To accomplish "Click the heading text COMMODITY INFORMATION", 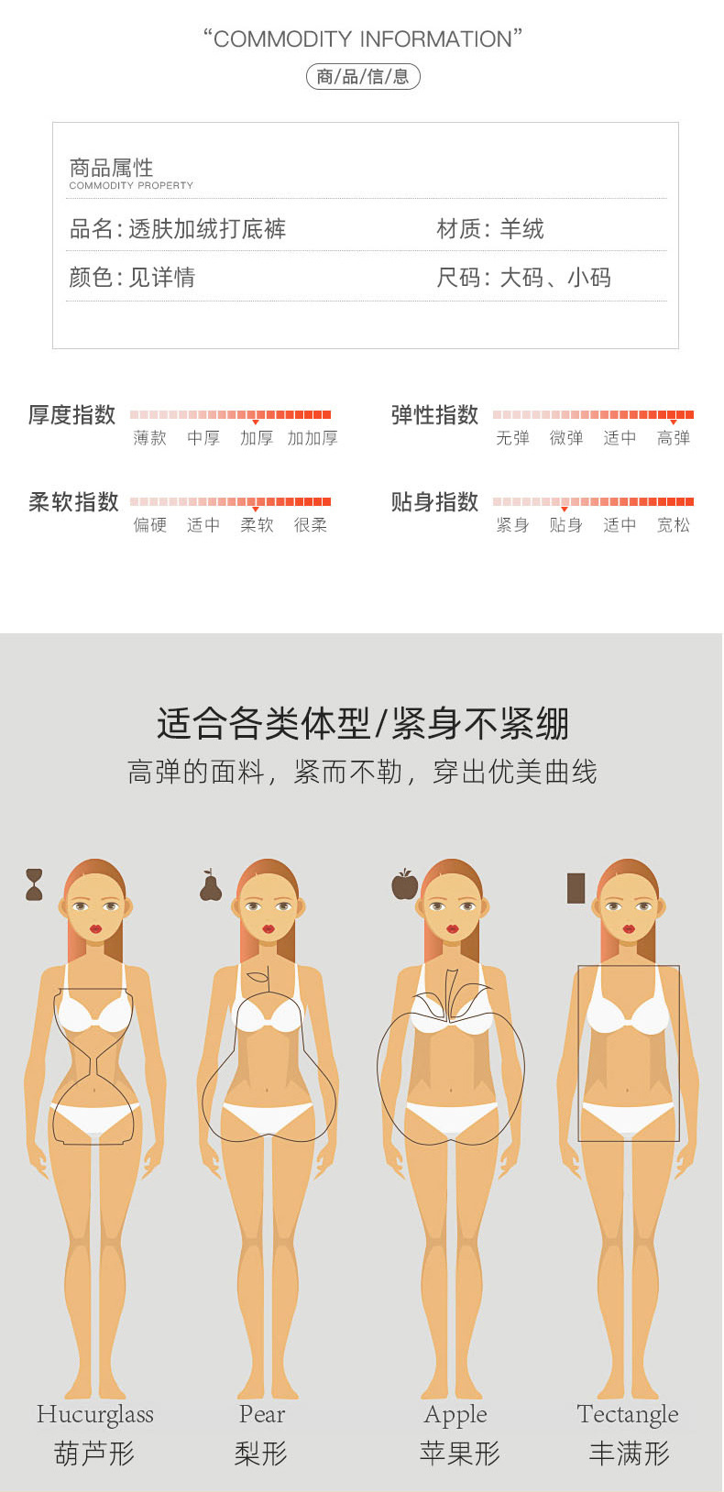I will [362, 39].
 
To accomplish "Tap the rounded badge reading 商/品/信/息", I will [363, 77].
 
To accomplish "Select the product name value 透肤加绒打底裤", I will [207, 229].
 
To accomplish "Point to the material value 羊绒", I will [522, 229].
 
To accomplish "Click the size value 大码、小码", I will [555, 278].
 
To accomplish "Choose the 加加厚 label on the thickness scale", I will [313, 438].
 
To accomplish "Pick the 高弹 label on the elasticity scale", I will [674, 438].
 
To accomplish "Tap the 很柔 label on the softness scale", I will [311, 525].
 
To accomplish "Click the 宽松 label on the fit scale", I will [674, 525].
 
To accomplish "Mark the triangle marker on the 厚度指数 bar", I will [256, 422].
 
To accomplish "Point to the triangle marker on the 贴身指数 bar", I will [565, 510].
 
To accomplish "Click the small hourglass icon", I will [34, 885].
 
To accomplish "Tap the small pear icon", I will [211, 885].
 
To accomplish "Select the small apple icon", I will [404, 884].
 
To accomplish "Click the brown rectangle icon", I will [576, 888].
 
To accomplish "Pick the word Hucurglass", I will [95, 1414].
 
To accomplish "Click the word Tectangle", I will [628, 1414].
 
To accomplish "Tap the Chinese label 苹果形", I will [459, 1454].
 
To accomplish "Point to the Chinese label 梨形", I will [261, 1454].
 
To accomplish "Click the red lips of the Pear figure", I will [269, 928].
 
